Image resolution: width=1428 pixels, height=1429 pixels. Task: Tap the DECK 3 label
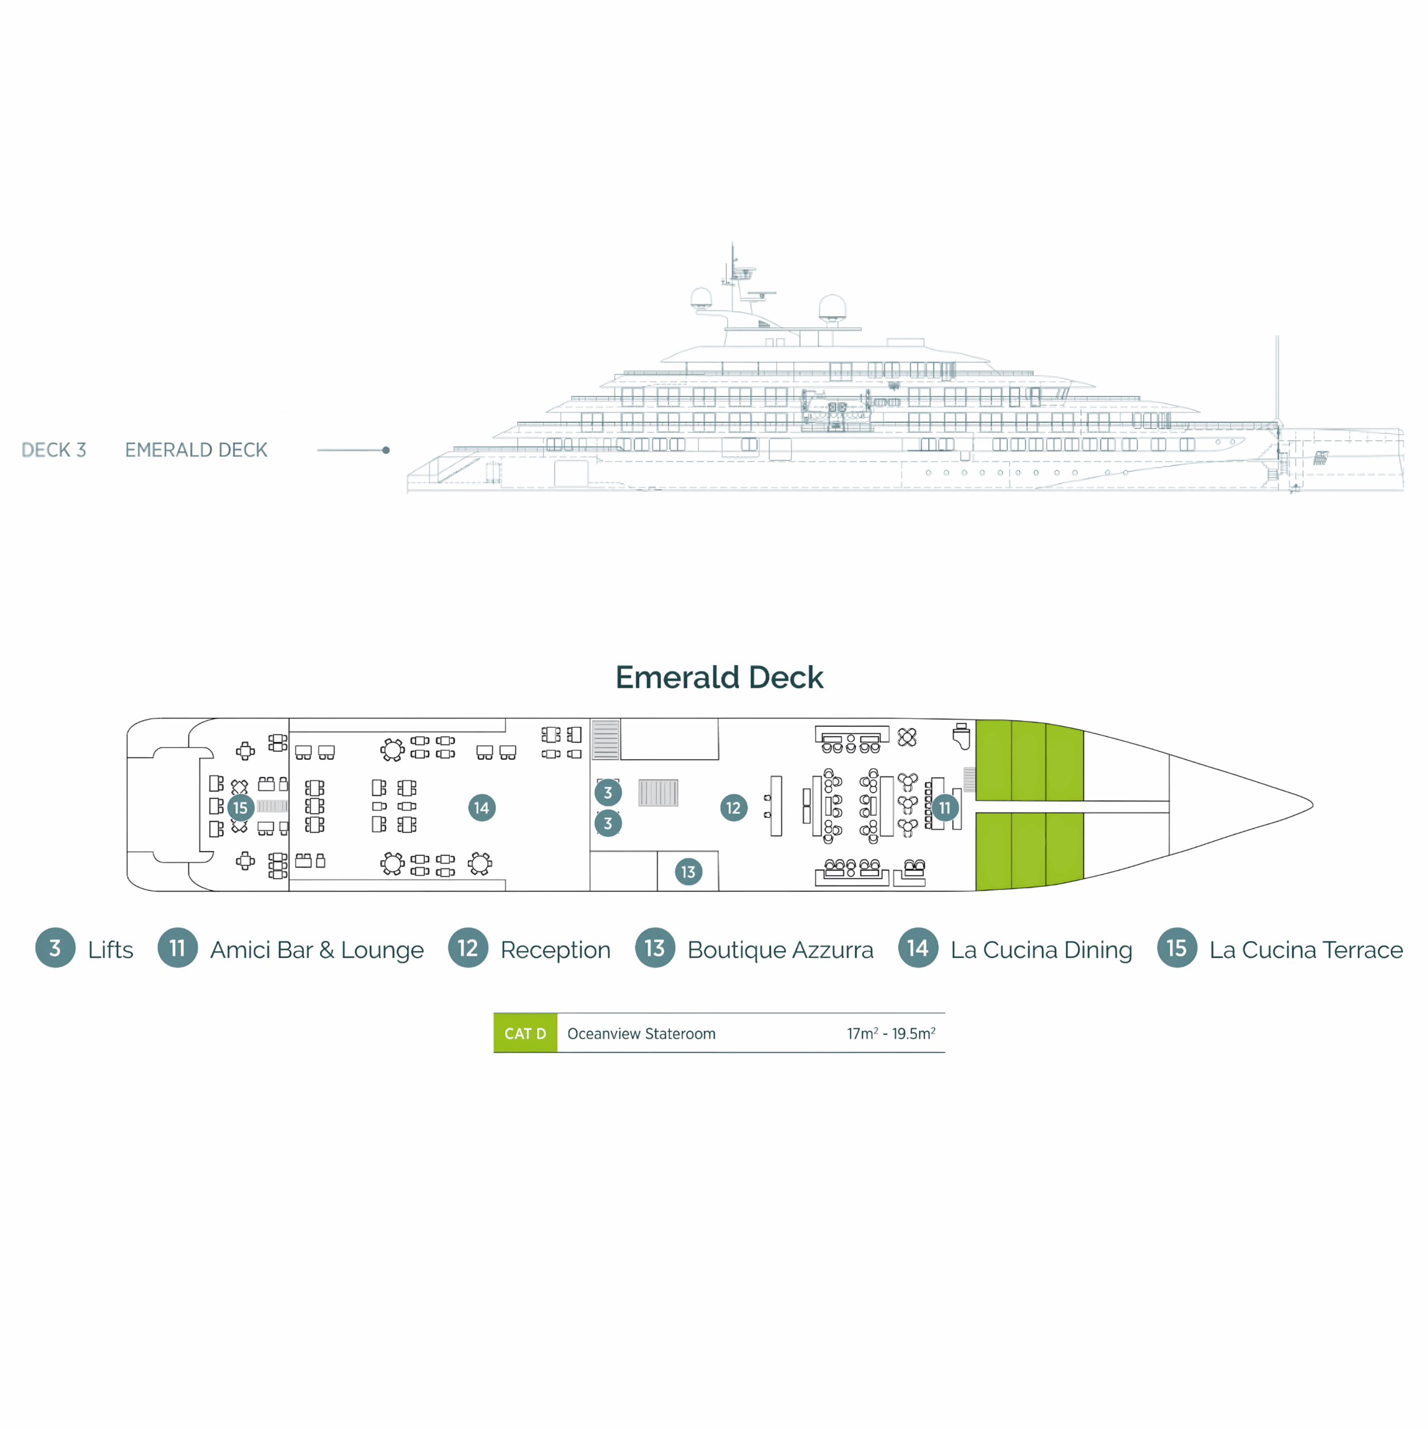pos(54,450)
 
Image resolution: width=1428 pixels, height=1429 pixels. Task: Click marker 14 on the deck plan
pos(481,807)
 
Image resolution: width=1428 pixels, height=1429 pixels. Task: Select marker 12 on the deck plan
pos(732,808)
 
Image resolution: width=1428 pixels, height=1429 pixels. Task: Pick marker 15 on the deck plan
pos(239,808)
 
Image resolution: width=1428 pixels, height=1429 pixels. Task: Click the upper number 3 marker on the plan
pos(607,792)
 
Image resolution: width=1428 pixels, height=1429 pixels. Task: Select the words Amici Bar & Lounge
pos(317,950)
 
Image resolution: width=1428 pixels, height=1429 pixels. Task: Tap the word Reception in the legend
pos(555,950)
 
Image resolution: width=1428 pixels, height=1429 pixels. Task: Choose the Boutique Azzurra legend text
pos(780,950)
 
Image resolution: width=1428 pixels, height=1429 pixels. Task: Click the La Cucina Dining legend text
pos(1041,950)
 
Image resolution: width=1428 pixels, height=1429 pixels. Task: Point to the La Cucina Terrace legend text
pos(1305,950)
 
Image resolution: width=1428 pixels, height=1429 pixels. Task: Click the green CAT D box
pos(525,1033)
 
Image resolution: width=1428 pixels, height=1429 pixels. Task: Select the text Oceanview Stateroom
pos(641,1033)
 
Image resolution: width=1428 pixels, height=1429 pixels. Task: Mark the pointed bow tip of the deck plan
pos(1311,804)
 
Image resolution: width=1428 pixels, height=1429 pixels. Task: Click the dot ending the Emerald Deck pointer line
pos(386,450)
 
